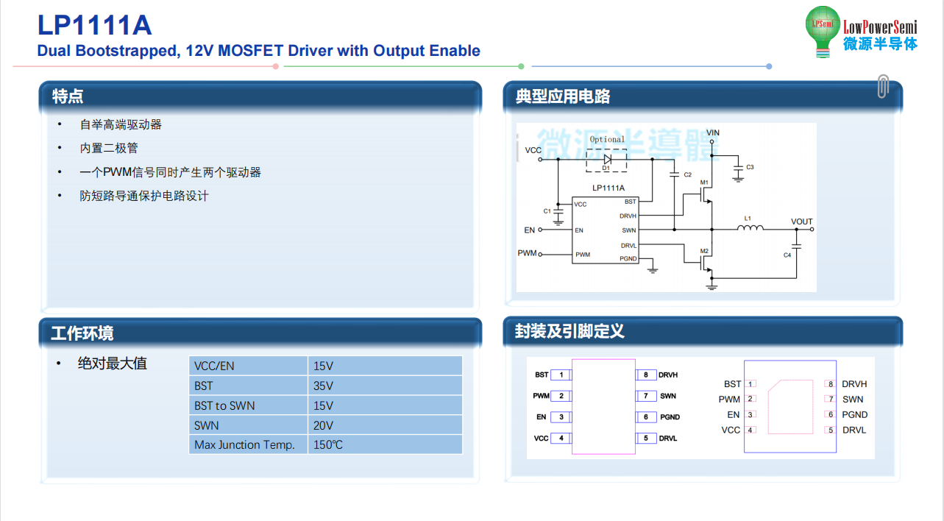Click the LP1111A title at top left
pyautogui.click(x=94, y=25)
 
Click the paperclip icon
pyautogui.click(x=883, y=86)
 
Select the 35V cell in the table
pyautogui.click(x=386, y=386)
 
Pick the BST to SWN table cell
pyautogui.click(x=248, y=405)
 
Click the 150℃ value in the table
pyautogui.click(x=386, y=444)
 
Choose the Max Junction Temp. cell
pyautogui.click(x=248, y=444)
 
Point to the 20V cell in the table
pyautogui.click(x=386, y=425)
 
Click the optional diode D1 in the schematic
pyautogui.click(x=607, y=160)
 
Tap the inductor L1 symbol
pyautogui.click(x=750, y=228)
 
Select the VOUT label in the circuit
pyautogui.click(x=801, y=221)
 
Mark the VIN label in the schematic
pyautogui.click(x=713, y=132)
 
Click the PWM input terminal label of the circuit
pyautogui.click(x=527, y=253)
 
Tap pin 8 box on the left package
pyautogui.click(x=645, y=375)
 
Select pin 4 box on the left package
pyautogui.click(x=561, y=438)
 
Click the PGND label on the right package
pyautogui.click(x=855, y=415)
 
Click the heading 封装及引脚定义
pyautogui.click(x=569, y=331)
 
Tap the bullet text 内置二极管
pyautogui.click(x=109, y=148)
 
